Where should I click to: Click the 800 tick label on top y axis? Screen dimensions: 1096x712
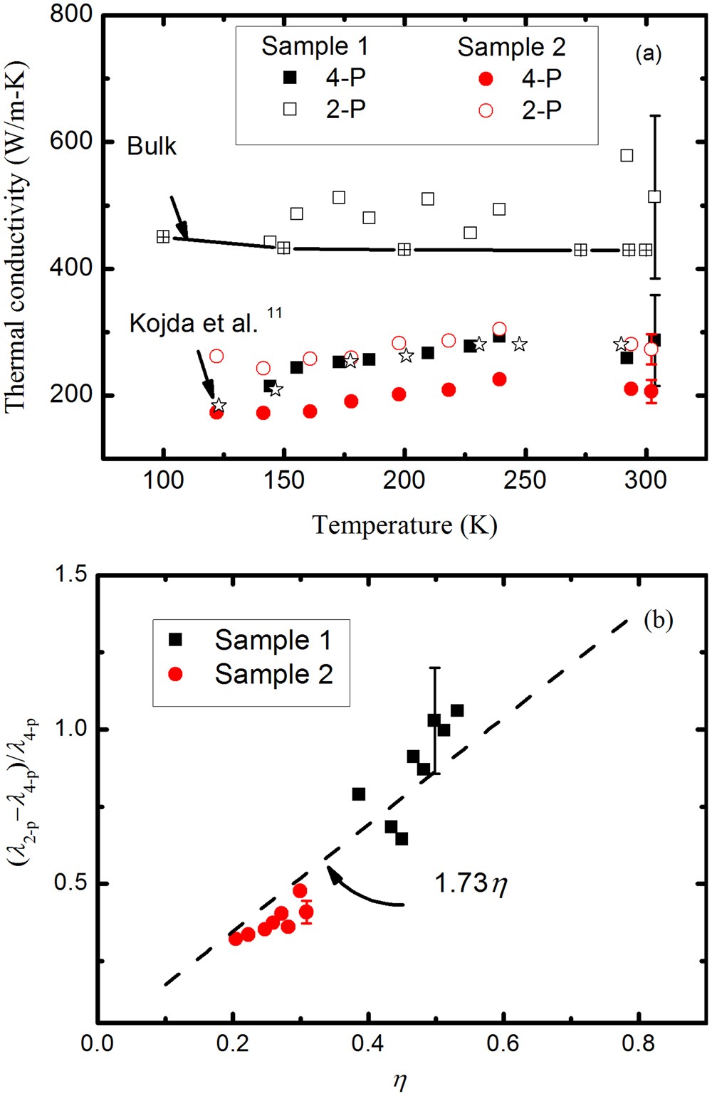pyautogui.click(x=71, y=14)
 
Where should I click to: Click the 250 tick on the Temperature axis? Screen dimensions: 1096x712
pyautogui.click(x=525, y=480)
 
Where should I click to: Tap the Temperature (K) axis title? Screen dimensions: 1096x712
pyautogui.click(x=404, y=525)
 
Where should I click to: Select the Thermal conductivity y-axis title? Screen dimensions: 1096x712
pyautogui.click(x=16, y=237)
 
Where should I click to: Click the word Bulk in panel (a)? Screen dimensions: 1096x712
pyautogui.click(x=151, y=146)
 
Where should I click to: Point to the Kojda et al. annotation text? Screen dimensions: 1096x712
pyautogui.click(x=194, y=323)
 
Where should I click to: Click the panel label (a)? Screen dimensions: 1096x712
pyautogui.click(x=648, y=53)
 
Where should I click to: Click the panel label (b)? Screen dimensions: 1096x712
pyautogui.click(x=658, y=620)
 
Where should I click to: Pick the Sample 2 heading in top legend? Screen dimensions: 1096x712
pyautogui.click(x=511, y=47)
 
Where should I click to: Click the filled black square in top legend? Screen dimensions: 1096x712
pyautogui.click(x=290, y=78)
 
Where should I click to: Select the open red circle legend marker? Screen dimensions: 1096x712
pyautogui.click(x=486, y=110)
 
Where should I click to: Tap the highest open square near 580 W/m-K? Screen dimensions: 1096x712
pyautogui.click(x=627, y=155)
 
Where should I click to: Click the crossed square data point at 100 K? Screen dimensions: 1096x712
pyautogui.click(x=163, y=236)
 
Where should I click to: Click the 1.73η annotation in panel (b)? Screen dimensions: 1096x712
pyautogui.click(x=470, y=884)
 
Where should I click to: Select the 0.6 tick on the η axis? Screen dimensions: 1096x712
pyautogui.click(x=502, y=1044)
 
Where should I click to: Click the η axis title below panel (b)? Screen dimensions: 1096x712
pyautogui.click(x=400, y=1081)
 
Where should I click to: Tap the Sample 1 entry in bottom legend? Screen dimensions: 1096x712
pyautogui.click(x=273, y=640)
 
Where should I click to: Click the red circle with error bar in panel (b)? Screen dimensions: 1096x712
pyautogui.click(x=306, y=912)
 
